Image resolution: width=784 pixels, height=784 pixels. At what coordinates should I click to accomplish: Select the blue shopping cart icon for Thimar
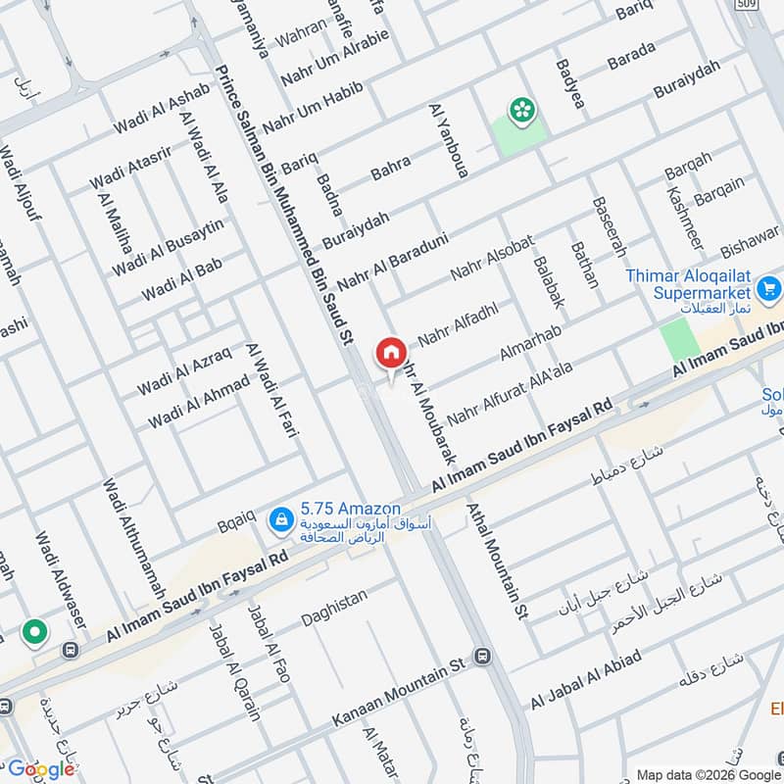(768, 289)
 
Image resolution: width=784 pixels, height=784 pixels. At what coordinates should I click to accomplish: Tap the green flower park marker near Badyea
(519, 111)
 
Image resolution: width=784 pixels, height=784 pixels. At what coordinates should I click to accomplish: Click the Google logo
(41, 769)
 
